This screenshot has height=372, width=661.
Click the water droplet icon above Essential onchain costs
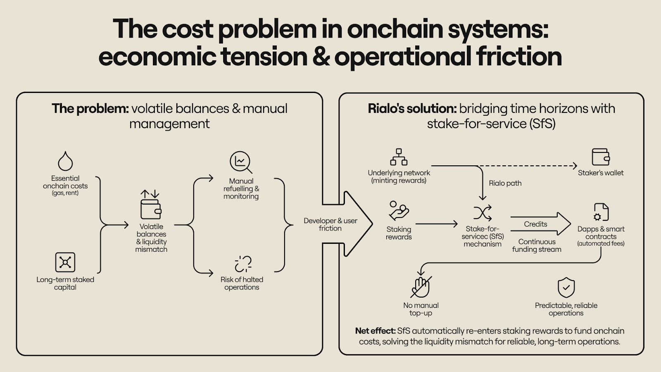pos(65,161)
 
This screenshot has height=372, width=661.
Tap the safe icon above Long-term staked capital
pos(65,262)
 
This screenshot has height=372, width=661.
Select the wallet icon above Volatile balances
pos(151,209)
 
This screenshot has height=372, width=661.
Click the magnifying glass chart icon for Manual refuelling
pos(241,162)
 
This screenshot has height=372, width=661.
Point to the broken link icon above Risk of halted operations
pos(243,264)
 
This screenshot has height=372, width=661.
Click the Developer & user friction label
pos(330,224)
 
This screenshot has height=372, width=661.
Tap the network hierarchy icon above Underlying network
pos(399,157)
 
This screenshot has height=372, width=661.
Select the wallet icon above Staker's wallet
pos(601,157)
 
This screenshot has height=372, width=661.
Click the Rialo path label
pos(505,183)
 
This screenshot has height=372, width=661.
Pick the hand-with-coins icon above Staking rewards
pos(399,211)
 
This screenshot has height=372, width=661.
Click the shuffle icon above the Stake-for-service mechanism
pos(483,213)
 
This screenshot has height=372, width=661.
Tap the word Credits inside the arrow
pos(535,224)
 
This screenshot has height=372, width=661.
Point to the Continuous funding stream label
pos(537,246)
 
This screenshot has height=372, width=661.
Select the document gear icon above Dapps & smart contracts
pos(601,212)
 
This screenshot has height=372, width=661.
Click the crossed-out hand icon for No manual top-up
pos(421,286)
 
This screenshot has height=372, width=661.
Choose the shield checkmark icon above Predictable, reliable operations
pos(566,287)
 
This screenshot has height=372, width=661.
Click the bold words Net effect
pos(375,331)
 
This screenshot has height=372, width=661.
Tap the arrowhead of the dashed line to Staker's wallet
pos(574,166)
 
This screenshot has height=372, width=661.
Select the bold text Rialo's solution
pos(412,109)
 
